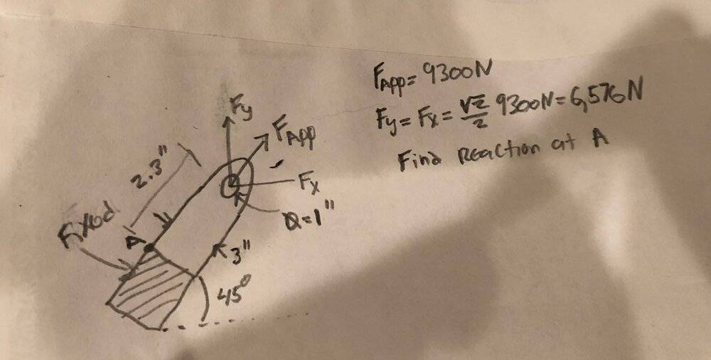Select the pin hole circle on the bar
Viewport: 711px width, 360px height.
coord(231,187)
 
